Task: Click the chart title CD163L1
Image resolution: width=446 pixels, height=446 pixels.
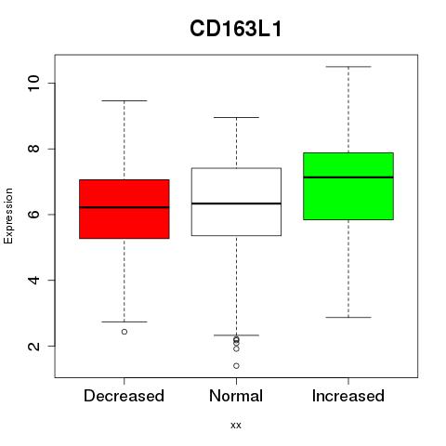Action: point(236,29)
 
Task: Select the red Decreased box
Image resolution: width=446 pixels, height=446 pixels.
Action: point(125,209)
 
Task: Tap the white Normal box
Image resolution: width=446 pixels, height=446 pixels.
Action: point(236,202)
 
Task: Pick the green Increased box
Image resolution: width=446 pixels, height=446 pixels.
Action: point(348,186)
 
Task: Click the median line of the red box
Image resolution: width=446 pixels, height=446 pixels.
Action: point(125,207)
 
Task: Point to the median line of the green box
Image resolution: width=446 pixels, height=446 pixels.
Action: point(348,177)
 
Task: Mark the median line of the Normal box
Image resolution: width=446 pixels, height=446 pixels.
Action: point(236,203)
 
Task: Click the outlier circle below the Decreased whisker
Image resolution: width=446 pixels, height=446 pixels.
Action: point(125,332)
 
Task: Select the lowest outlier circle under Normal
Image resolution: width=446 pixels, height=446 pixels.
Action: point(236,366)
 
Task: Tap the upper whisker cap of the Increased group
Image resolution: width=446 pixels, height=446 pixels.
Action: point(348,67)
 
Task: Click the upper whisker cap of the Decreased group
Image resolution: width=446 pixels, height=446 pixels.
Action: point(125,100)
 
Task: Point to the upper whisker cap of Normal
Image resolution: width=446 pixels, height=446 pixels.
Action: point(236,117)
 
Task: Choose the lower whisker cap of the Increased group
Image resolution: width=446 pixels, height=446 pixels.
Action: point(348,317)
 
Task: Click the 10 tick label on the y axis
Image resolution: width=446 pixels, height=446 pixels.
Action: point(34,83)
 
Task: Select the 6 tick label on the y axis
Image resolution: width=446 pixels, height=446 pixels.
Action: point(34,215)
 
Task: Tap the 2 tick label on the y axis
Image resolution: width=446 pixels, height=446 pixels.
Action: point(34,346)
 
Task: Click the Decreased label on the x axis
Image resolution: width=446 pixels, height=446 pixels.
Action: point(124,396)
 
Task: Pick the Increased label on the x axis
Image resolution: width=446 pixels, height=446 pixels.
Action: point(348,396)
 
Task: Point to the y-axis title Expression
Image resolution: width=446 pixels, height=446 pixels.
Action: point(8,216)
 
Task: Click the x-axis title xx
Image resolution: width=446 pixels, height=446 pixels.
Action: point(236,426)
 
